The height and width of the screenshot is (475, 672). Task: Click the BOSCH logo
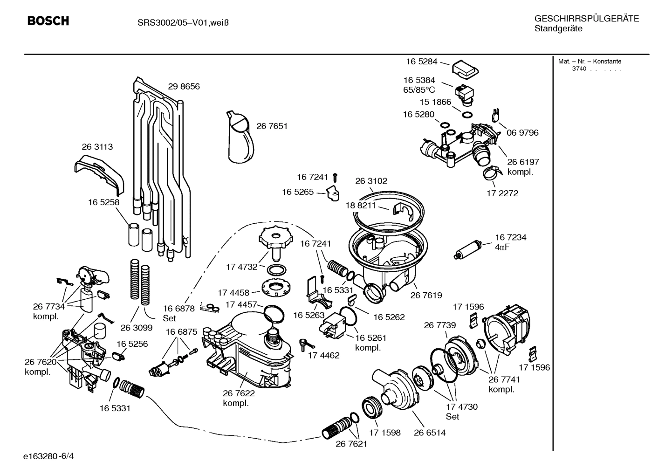click(48, 21)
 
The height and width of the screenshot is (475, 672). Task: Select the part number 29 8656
click(184, 87)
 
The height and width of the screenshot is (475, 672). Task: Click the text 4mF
click(502, 247)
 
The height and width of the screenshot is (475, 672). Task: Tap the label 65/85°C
click(419, 90)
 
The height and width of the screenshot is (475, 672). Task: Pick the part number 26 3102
click(371, 181)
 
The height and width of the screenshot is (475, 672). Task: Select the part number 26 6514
click(430, 433)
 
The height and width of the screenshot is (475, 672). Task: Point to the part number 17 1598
click(385, 433)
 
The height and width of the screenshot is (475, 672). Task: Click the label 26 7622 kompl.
click(239, 398)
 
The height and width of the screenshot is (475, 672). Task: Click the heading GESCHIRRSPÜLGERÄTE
click(586, 19)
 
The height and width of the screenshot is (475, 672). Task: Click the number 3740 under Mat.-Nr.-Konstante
click(579, 69)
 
